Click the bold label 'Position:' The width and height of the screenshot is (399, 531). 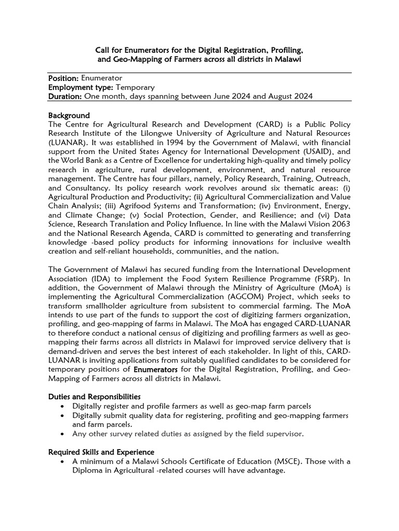point(63,78)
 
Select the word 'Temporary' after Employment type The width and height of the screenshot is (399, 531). point(135,87)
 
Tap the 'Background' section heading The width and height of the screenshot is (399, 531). point(69,115)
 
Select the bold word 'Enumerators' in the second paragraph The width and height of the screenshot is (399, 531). point(155,370)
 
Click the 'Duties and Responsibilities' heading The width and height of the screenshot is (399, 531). point(94,396)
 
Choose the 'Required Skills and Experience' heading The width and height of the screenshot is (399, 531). point(101,452)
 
